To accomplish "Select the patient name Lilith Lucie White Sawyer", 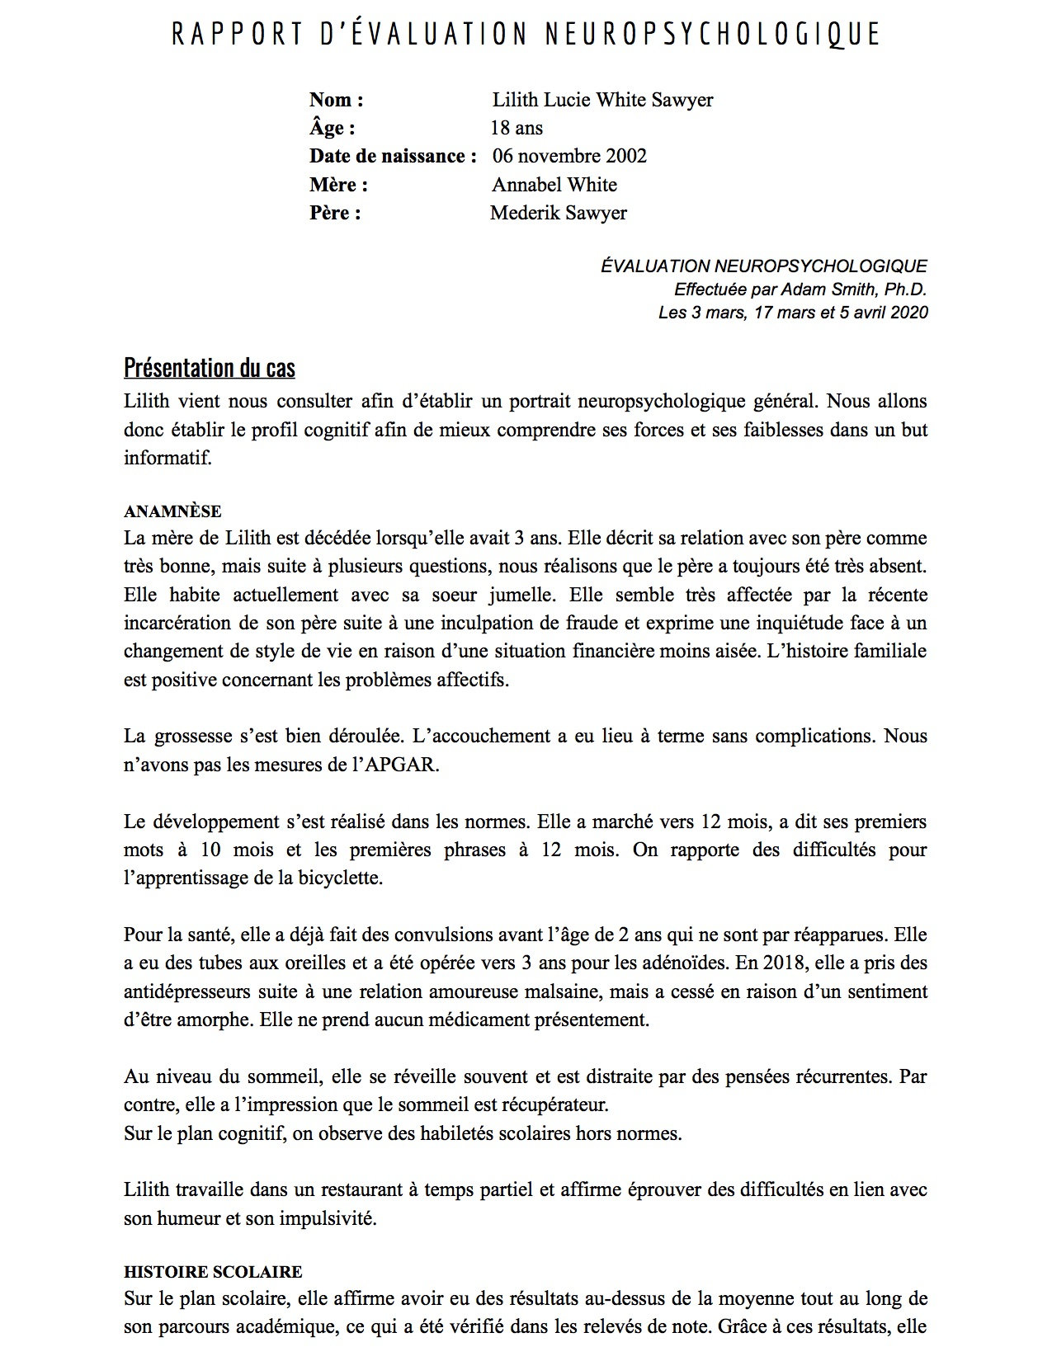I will tap(602, 100).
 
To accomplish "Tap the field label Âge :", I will tap(333, 128).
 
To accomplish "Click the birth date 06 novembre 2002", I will tap(569, 156).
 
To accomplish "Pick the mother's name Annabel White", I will tap(554, 185).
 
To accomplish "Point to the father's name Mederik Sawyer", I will tap(559, 213).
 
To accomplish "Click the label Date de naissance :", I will tap(393, 156).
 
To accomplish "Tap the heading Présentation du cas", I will tap(210, 367).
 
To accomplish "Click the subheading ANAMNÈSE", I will tap(172, 511).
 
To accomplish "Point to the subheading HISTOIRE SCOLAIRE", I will tap(213, 1271).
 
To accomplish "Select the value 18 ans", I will tap(517, 128).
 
